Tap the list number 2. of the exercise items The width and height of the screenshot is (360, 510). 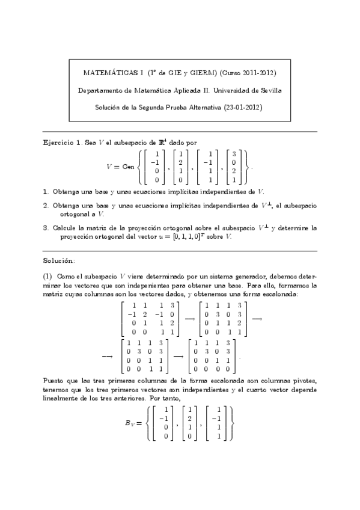(46, 206)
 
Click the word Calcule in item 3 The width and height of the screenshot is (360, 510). (65, 229)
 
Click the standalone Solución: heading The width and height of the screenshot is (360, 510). (59, 260)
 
